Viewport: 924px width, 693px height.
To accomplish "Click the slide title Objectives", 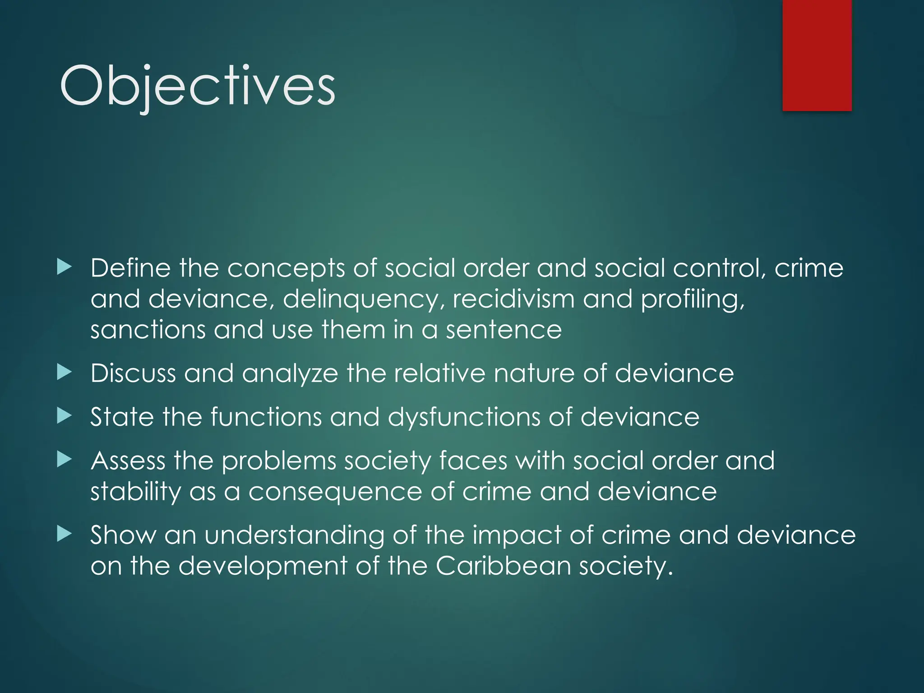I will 197,86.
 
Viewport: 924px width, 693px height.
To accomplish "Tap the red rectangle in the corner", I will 817,55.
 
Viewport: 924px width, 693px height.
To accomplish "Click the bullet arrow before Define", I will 65,267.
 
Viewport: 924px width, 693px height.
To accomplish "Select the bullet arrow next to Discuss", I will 65,372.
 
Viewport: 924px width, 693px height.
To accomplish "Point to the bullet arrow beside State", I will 65,416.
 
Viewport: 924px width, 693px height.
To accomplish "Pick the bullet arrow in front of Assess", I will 65,460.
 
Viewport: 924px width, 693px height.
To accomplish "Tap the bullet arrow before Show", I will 65,534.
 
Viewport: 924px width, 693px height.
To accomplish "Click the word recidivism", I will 513,299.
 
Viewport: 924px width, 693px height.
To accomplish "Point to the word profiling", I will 693,300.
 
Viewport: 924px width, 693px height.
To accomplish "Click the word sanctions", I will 148,329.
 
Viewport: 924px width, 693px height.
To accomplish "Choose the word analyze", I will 290,374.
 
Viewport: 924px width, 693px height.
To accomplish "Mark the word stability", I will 135,491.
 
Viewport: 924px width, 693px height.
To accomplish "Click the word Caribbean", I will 504,566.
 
